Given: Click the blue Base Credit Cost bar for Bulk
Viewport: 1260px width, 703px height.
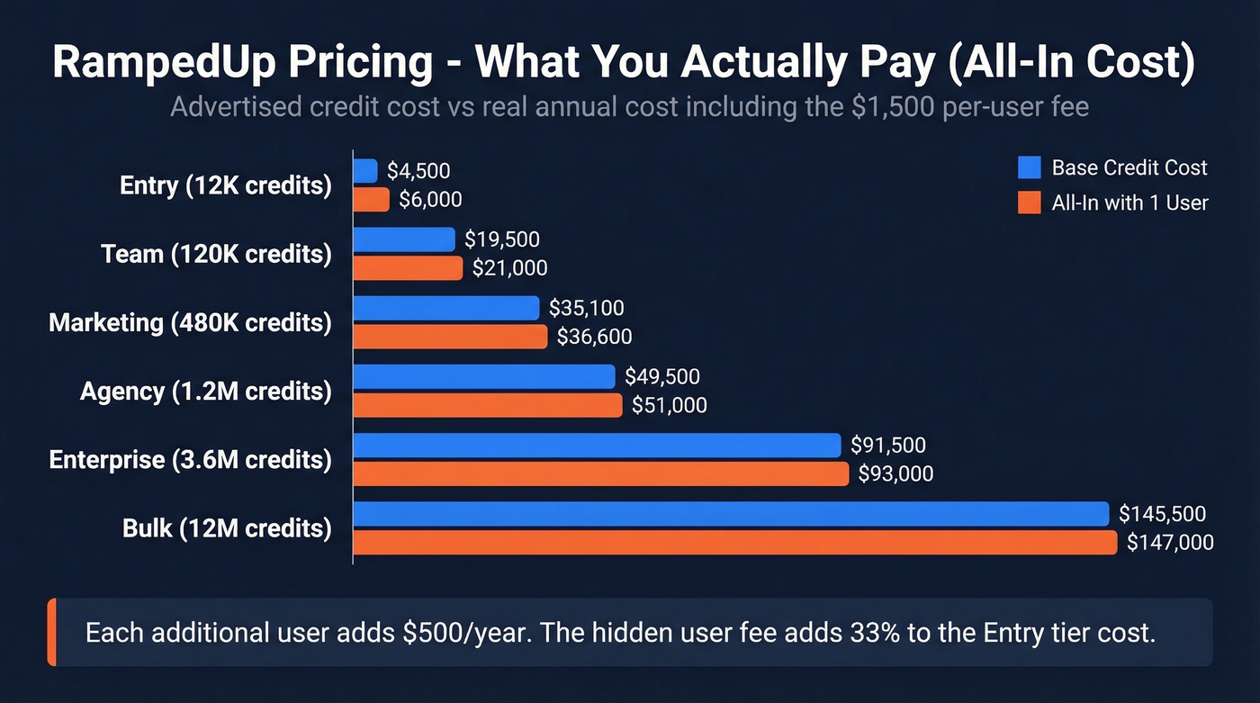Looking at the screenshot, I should [x=730, y=514].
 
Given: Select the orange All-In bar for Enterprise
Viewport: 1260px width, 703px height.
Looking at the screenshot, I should [x=600, y=473].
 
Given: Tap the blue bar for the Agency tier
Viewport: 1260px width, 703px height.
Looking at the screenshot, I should [x=483, y=376].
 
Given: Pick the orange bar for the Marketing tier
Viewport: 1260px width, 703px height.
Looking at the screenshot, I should [x=450, y=337].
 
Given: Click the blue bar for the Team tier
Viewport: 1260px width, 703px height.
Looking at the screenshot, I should [x=404, y=239].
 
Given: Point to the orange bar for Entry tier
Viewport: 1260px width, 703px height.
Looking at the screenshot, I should [x=371, y=200].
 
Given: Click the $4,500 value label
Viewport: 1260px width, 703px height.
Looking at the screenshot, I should [x=418, y=171].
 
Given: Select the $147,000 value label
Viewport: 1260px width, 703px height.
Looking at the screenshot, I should [x=1170, y=543].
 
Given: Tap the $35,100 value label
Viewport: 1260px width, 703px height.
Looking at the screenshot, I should [x=586, y=309].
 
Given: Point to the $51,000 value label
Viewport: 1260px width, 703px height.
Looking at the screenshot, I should [x=669, y=406].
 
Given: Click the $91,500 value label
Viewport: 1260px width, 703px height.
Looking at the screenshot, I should [x=888, y=446].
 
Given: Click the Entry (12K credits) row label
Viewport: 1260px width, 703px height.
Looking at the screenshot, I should [x=225, y=185].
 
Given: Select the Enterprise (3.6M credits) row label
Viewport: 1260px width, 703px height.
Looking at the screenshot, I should [x=190, y=460].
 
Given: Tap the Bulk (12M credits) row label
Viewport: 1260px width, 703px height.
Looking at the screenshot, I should [x=227, y=528].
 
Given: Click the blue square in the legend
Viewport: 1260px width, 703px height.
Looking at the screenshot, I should [x=1029, y=167].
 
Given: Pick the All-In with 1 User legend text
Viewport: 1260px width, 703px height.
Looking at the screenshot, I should [x=1129, y=203].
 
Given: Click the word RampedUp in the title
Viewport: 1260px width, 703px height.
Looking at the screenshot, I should [x=154, y=62].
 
